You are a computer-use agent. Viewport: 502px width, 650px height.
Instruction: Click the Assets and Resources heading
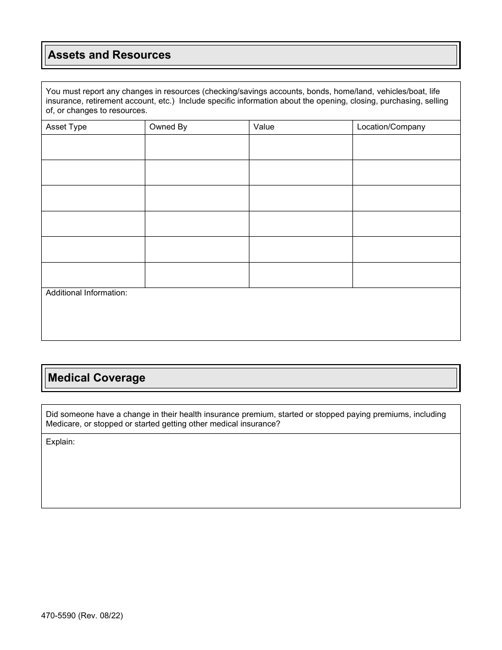point(109,55)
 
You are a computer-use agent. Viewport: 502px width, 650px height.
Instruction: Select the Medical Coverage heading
point(97,378)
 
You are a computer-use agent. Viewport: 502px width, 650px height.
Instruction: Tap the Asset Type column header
point(66,127)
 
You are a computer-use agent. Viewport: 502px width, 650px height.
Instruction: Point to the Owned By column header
point(168,127)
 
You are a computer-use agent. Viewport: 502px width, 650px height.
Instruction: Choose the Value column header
point(264,127)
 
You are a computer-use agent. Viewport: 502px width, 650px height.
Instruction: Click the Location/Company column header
point(391,127)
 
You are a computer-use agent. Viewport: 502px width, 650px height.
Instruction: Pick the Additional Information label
point(87,293)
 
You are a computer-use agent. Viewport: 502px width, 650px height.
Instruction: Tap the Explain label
point(60,442)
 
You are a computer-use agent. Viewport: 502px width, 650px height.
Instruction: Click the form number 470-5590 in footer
point(61,616)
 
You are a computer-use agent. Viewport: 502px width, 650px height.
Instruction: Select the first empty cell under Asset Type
point(93,147)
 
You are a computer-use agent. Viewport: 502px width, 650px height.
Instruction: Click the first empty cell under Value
point(301,147)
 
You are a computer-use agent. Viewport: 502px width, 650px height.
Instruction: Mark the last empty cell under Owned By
point(197,275)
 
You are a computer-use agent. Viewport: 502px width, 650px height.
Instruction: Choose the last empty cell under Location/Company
point(406,275)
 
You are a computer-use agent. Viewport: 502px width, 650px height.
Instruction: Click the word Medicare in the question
point(63,424)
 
